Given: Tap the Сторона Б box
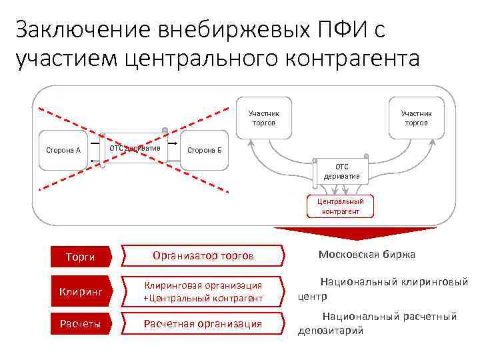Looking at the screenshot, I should [x=205, y=150].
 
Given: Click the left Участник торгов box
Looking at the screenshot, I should [x=263, y=118].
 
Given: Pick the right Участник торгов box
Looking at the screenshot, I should [x=415, y=118].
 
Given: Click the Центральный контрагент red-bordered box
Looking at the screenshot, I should [x=340, y=206].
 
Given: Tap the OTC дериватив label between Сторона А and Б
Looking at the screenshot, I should [x=135, y=147].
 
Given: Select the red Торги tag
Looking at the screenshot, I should [x=82, y=256].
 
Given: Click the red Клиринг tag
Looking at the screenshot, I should [x=82, y=291].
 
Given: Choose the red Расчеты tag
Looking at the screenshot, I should [x=82, y=324].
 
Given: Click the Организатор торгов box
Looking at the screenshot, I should [x=203, y=255].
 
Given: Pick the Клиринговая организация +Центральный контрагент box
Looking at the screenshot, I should [x=203, y=291].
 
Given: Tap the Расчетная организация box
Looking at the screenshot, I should [x=203, y=324].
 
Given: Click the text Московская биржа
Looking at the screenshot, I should [x=367, y=254].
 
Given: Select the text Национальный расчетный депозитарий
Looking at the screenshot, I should [x=378, y=323].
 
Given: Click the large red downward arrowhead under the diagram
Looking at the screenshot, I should [x=340, y=233].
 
